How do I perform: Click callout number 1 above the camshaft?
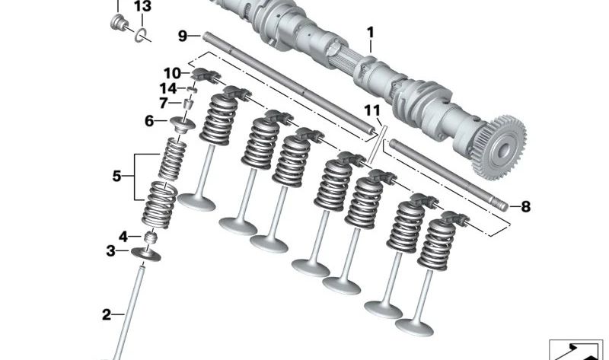370,32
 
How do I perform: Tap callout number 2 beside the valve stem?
107,314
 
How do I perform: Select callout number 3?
110,251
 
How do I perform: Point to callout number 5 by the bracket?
117,177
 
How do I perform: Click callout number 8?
525,206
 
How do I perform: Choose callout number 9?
183,36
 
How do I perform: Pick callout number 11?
372,110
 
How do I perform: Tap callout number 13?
142,6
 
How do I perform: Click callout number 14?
168,88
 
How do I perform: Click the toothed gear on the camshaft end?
500,148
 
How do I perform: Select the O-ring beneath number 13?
140,35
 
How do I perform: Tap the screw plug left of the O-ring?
119,22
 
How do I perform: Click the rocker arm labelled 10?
204,75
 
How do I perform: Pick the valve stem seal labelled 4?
151,237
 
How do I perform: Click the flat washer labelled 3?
146,254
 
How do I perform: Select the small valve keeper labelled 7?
188,104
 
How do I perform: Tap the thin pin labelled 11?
376,143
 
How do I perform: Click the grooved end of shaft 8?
500,204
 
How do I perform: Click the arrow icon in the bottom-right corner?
576,351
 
